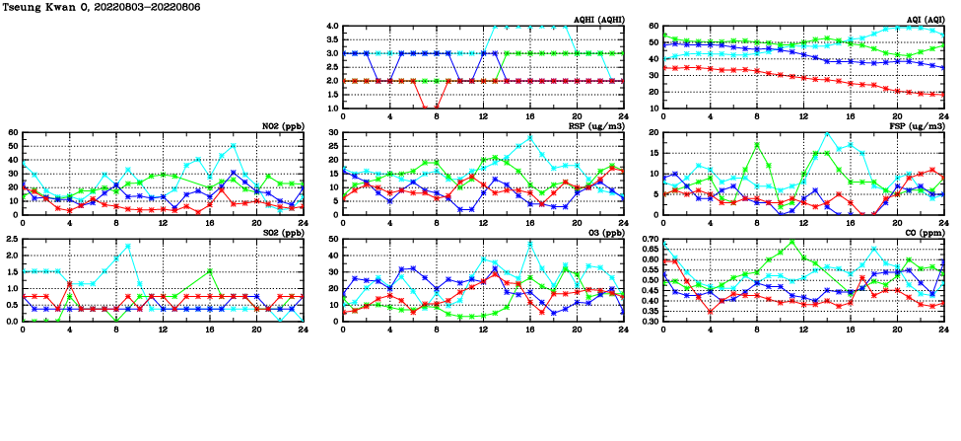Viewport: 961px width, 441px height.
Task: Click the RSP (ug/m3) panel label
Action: coord(599,126)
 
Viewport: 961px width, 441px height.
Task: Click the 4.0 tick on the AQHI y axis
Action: coord(332,27)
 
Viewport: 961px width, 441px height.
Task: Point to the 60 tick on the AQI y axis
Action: coord(652,27)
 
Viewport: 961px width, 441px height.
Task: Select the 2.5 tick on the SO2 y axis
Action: coord(12,240)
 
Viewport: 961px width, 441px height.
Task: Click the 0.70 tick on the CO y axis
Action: coord(648,240)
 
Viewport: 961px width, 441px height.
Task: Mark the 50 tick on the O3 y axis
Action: coord(332,240)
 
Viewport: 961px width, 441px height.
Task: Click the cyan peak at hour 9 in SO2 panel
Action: coord(128,246)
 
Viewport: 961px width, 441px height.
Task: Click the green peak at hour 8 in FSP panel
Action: coord(757,145)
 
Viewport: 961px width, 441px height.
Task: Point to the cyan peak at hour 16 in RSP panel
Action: coord(529,138)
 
